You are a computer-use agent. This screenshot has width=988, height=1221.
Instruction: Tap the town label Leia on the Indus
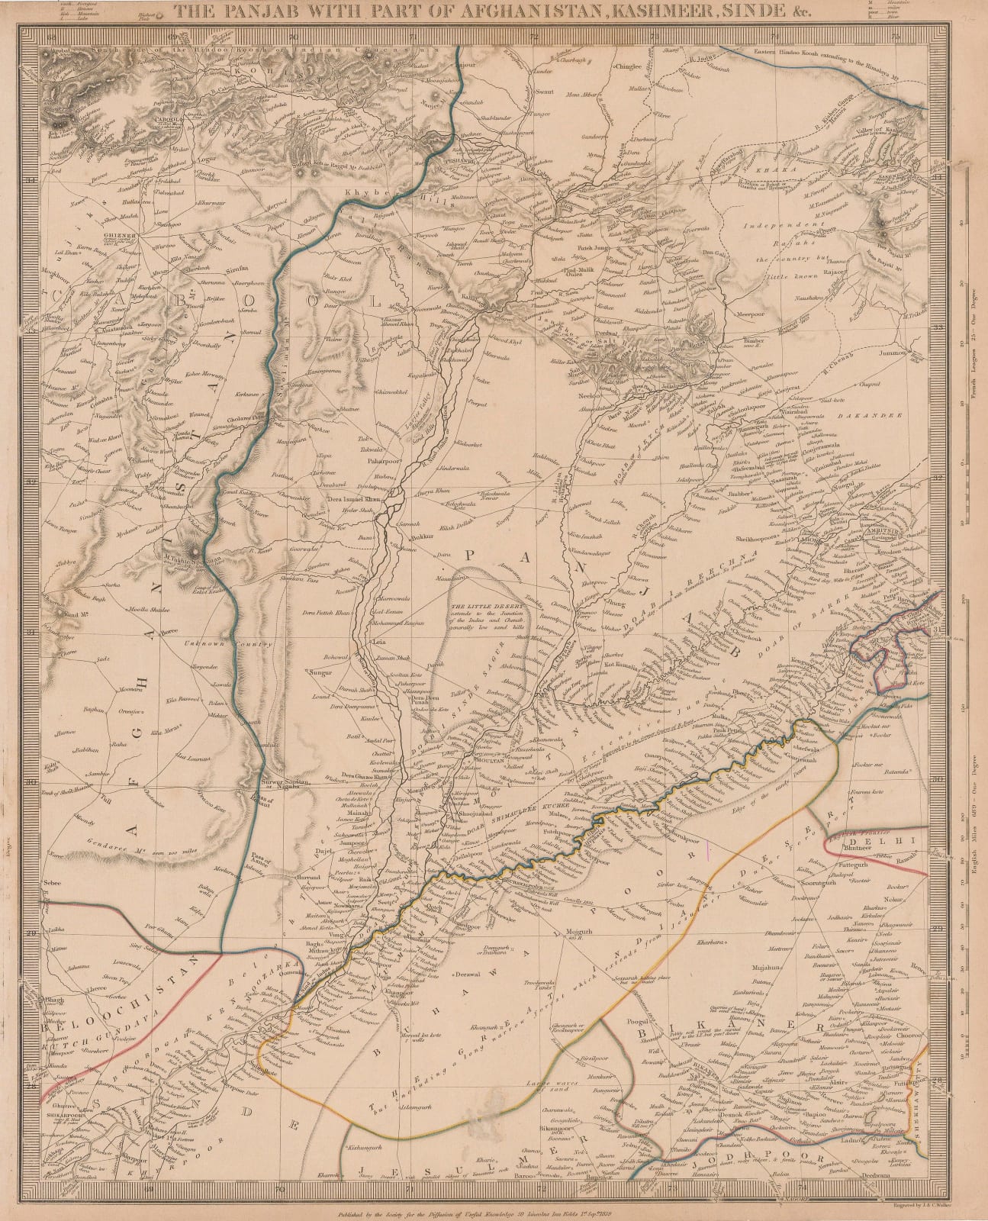(x=378, y=643)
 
